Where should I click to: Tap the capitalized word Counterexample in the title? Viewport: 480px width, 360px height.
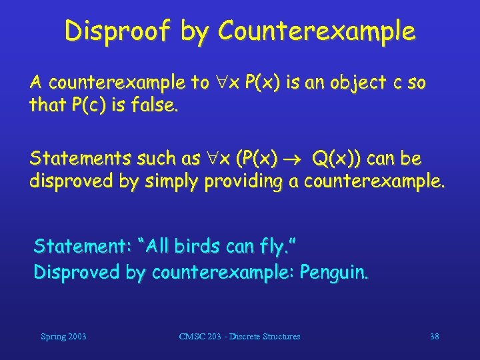[316, 31]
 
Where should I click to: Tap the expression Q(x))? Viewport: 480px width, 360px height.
[337, 159]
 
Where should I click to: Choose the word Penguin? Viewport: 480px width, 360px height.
[333, 272]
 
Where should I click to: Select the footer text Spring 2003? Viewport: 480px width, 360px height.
[63, 337]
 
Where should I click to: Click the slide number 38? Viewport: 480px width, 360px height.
[434, 337]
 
